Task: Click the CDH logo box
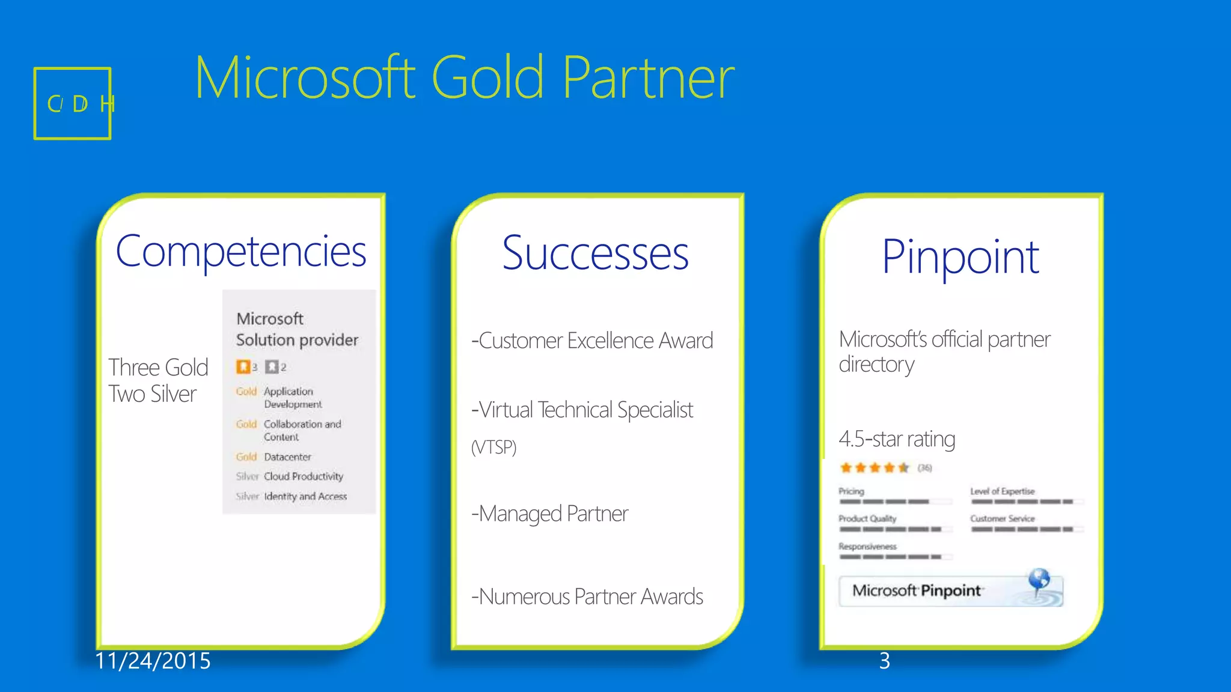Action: [x=73, y=103]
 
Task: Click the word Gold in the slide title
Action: [x=487, y=77]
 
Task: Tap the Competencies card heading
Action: [x=241, y=251]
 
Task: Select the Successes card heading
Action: [x=595, y=253]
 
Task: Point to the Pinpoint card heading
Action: [x=960, y=257]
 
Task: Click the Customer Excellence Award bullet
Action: [x=592, y=341]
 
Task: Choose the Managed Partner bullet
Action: [x=550, y=514]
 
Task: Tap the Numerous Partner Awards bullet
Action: [x=587, y=596]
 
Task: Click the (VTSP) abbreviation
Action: [x=493, y=447]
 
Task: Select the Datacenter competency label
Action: [x=287, y=457]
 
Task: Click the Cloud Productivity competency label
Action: [x=304, y=476]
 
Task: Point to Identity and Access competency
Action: [x=305, y=496]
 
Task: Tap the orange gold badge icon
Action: [x=243, y=366]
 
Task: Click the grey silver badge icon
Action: [x=272, y=366]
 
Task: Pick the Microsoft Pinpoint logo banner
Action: [x=950, y=590]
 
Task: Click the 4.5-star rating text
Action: [x=897, y=439]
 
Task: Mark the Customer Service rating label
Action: [x=1002, y=518]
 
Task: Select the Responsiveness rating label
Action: [x=867, y=547]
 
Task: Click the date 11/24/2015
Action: [x=153, y=661]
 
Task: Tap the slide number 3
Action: [x=884, y=661]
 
